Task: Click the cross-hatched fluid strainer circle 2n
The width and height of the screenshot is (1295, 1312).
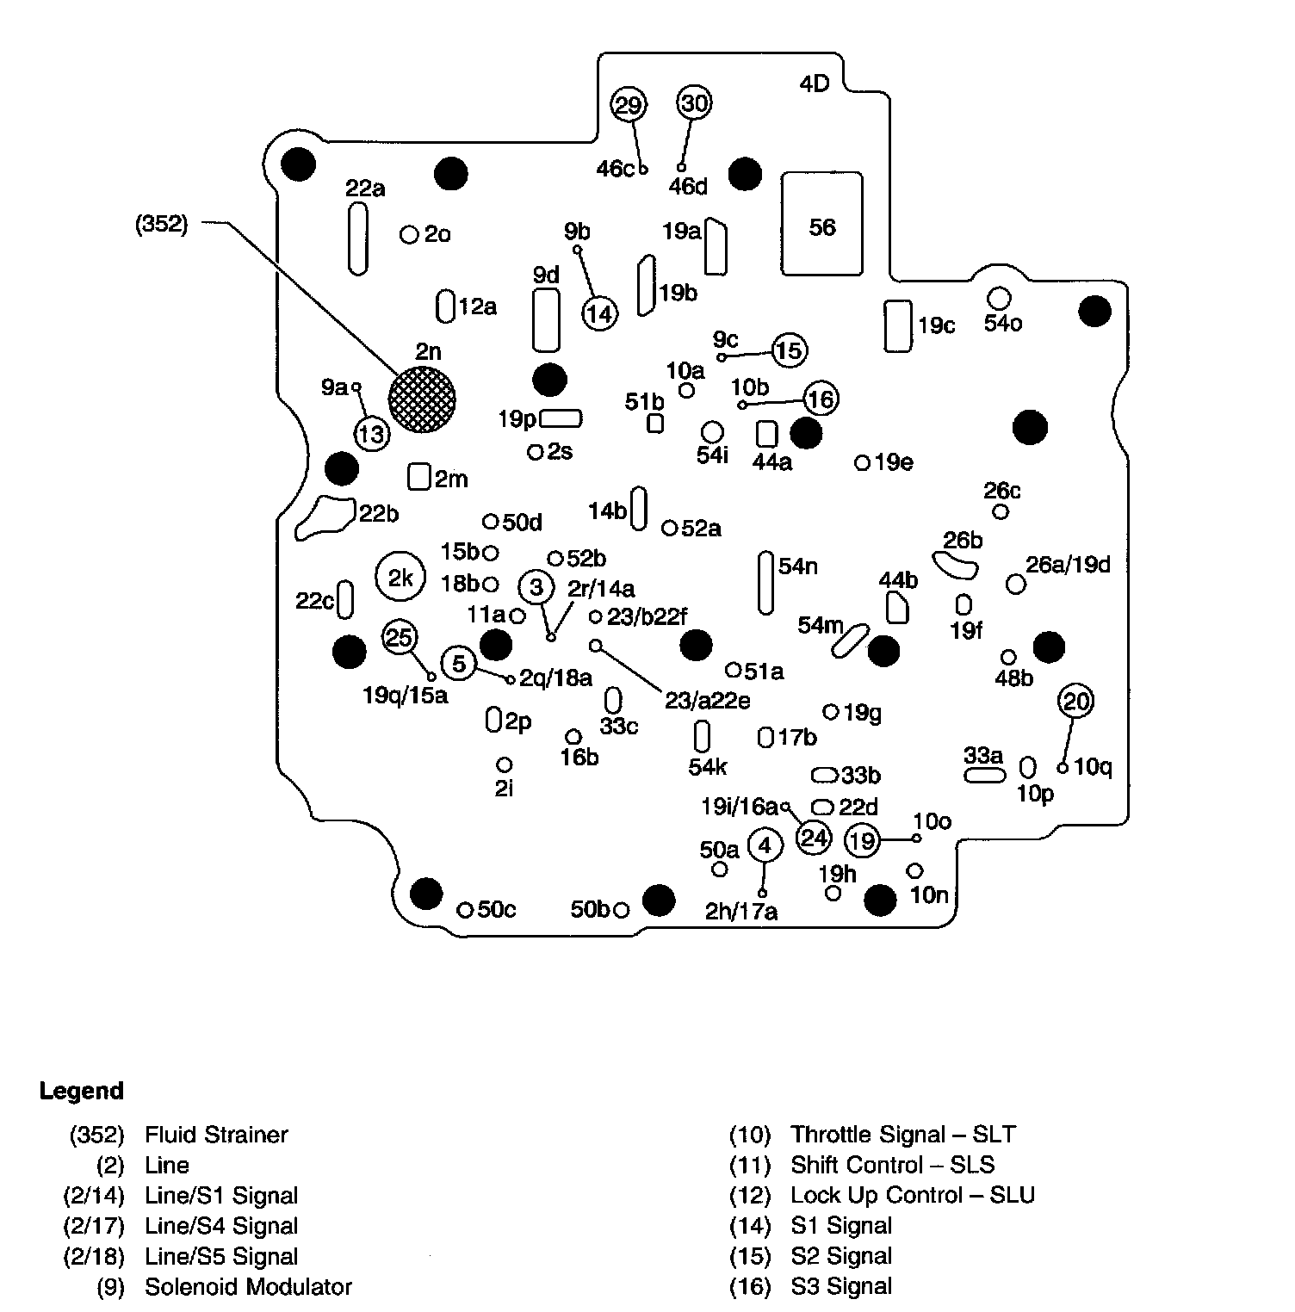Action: point(422,399)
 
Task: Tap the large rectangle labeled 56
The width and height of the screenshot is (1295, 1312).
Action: point(822,224)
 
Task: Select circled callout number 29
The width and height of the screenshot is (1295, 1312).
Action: point(629,105)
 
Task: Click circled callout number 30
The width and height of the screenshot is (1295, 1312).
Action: point(694,103)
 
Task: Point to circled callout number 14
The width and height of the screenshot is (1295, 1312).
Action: point(600,313)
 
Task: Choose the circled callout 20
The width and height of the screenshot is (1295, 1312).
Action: point(1076,702)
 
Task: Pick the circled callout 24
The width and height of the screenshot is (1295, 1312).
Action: point(814,838)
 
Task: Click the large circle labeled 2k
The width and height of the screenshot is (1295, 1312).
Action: point(400,579)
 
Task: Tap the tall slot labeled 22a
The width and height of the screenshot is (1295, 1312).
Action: point(356,239)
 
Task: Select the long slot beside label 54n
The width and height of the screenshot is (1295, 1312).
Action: point(765,583)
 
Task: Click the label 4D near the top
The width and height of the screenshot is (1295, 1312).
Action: point(814,84)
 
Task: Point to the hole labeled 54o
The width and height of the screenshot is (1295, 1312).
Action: point(998,298)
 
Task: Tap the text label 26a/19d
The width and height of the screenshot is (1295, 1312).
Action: point(1068,565)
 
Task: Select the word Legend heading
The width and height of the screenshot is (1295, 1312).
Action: point(82,1091)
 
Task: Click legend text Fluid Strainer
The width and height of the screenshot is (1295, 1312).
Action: point(216,1135)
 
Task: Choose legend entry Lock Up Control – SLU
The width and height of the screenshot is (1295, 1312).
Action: point(913,1195)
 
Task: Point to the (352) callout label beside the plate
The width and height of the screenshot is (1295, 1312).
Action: point(161,226)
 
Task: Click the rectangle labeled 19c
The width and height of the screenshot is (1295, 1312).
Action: point(898,325)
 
